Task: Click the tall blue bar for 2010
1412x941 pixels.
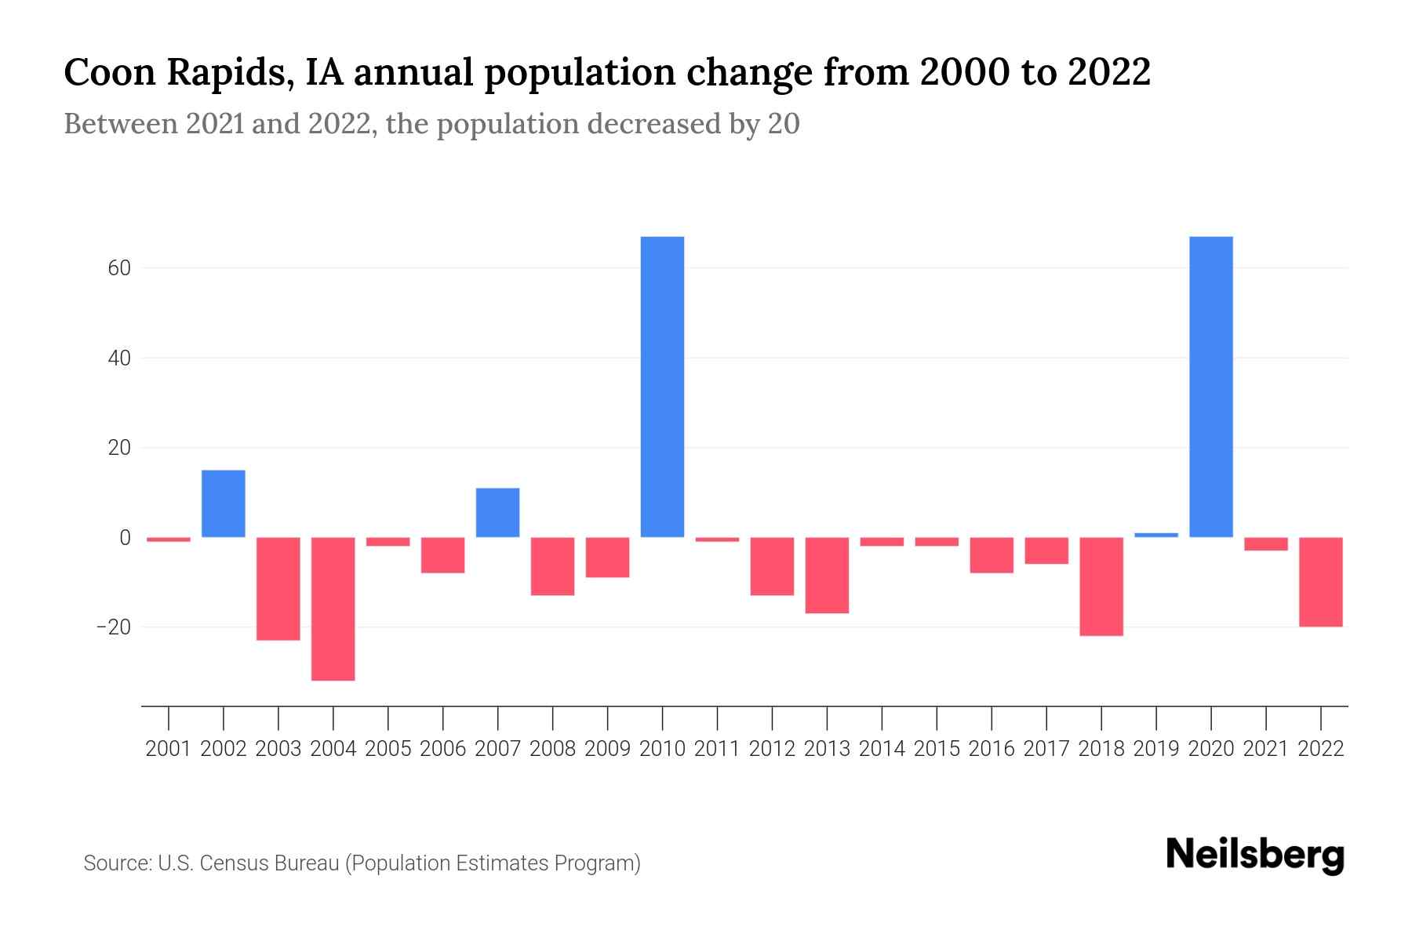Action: [x=662, y=387]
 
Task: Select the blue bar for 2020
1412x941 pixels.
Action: [x=1210, y=387]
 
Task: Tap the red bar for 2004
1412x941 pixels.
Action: [x=333, y=609]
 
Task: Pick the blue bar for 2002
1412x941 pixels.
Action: [x=224, y=503]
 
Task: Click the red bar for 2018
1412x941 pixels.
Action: [x=1101, y=587]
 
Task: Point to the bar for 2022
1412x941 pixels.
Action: [x=1321, y=582]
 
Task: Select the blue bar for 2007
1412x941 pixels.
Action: [x=497, y=513]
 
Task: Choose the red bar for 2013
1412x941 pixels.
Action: [x=827, y=575]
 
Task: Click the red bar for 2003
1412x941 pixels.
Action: [x=278, y=589]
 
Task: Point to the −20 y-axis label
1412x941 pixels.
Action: [x=112, y=627]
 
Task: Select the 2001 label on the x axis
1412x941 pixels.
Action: [x=169, y=749]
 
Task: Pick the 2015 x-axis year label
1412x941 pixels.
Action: [x=937, y=749]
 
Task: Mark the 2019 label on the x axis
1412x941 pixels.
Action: [x=1156, y=749]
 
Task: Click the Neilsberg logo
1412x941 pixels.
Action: [x=1255, y=856]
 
